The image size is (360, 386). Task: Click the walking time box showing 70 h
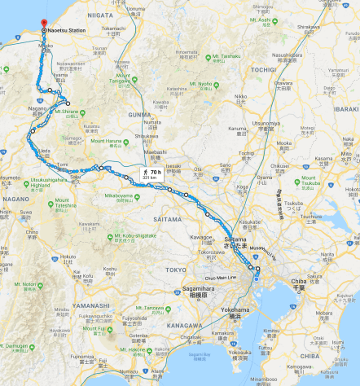[x=151, y=174]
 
